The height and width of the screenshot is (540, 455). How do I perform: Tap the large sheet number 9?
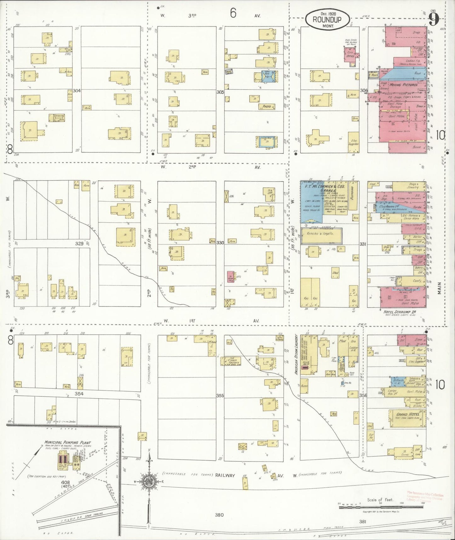click(x=434, y=20)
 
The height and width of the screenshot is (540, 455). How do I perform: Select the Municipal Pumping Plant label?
click(x=67, y=443)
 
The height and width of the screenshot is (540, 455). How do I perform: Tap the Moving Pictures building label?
click(x=403, y=85)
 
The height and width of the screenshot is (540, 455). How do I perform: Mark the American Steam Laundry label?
click(x=296, y=354)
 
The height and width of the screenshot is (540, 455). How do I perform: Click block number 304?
click(x=77, y=91)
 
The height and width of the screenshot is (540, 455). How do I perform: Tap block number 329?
click(x=79, y=243)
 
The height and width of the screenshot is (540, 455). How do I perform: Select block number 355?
click(x=220, y=395)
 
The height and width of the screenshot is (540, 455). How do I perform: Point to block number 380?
click(x=219, y=515)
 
